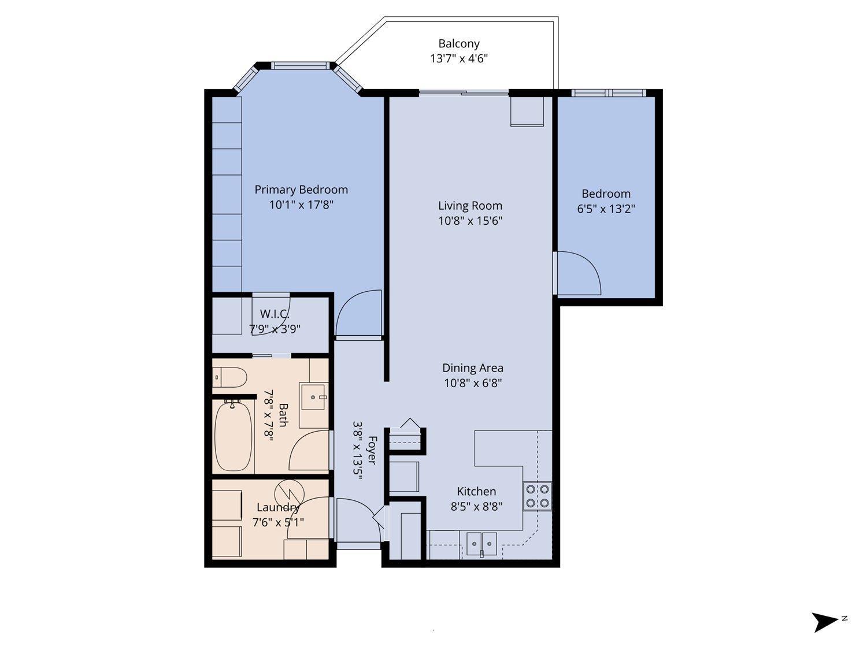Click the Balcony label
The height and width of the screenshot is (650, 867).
458,43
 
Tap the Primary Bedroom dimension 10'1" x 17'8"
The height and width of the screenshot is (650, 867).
301,205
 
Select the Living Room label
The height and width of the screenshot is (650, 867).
470,205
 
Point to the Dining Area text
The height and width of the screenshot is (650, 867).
472,367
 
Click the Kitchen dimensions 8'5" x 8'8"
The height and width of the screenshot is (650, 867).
476,507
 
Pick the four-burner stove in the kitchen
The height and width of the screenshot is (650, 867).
537,496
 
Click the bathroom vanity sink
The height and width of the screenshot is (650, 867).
314,397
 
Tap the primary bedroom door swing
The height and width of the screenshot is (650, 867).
358,312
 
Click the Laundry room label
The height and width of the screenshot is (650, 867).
277,507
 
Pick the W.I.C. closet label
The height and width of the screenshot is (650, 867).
274,314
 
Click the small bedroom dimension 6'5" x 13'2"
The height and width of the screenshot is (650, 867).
606,209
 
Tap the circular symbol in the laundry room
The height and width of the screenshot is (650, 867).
288,492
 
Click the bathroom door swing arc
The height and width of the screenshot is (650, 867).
309,452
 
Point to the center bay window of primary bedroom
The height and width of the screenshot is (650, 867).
301,66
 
